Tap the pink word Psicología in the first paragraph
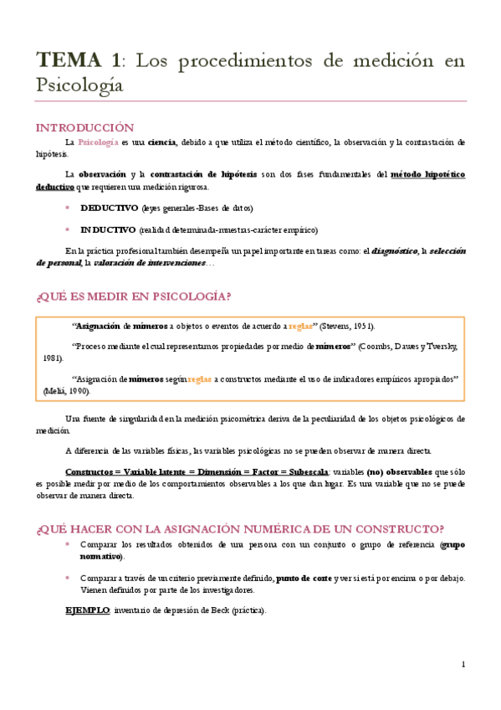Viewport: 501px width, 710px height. pos(98,142)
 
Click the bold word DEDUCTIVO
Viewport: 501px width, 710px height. pos(108,208)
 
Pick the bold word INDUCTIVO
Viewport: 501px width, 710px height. pos(108,229)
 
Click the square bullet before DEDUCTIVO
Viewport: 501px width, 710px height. pos(67,208)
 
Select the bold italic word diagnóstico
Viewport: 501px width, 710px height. pos(396,251)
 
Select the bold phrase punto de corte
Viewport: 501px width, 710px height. pos(303,578)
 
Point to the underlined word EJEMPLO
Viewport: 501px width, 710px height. pos(87,610)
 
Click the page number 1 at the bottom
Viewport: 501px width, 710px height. pos(463,664)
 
